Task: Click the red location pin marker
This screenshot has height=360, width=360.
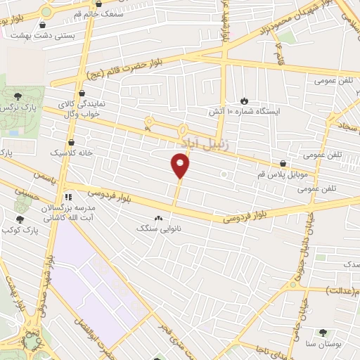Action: (181, 166)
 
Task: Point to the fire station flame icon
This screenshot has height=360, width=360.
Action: (244, 101)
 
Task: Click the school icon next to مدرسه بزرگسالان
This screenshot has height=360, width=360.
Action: (68, 197)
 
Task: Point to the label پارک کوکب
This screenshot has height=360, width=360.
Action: (20, 230)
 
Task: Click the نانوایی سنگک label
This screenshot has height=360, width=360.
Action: (157, 229)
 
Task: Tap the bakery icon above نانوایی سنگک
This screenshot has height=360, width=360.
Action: (157, 218)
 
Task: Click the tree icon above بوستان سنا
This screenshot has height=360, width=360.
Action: (321, 332)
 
